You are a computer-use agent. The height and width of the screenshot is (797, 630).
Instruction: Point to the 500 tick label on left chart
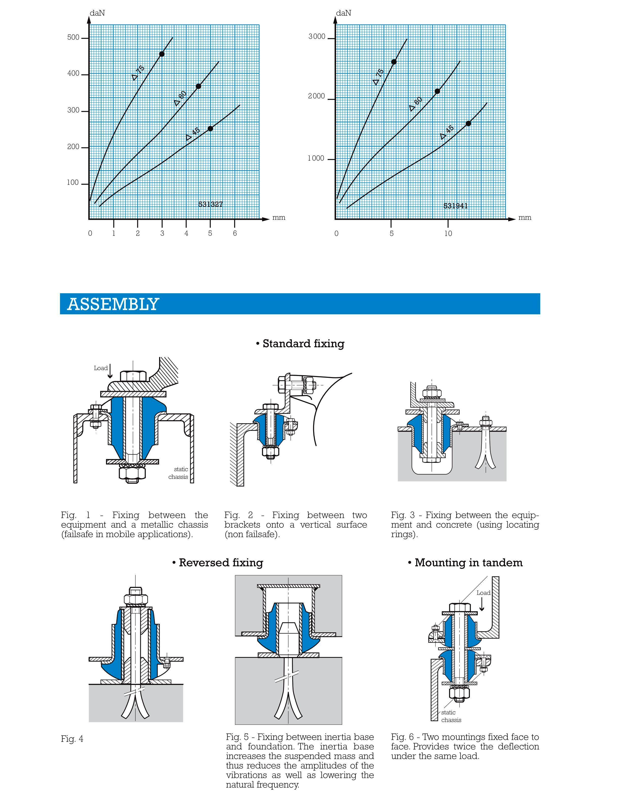pyautogui.click(x=73, y=37)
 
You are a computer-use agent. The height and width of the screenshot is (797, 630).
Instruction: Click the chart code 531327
pyautogui.click(x=211, y=204)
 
